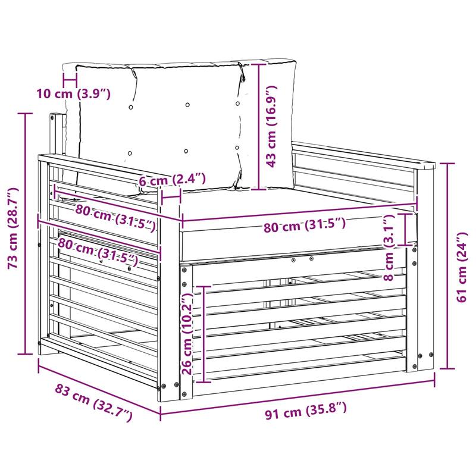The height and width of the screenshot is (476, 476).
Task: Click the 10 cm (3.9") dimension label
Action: pos(73,94)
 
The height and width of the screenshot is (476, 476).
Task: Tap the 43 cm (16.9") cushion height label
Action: pos(271,126)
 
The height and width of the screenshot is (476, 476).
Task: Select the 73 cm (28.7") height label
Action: pos(13,228)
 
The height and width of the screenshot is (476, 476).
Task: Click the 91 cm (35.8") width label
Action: pos(306,411)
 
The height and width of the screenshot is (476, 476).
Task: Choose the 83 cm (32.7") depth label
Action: pos(93,402)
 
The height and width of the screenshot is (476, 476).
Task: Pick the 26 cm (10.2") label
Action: pos(188,334)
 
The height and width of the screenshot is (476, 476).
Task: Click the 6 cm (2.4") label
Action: pos(172,180)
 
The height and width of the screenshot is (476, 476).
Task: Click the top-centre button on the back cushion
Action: pos(187,105)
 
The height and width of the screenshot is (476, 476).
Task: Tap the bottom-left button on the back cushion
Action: pos(130,153)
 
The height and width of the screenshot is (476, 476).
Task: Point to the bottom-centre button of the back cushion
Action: pos(186,151)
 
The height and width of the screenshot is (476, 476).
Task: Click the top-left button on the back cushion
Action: pos(131,107)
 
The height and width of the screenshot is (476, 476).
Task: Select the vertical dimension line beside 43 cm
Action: pos(259,127)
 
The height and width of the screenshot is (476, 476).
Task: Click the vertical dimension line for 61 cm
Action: pos(447,266)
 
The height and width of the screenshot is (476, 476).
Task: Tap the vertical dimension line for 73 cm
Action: pos(25,234)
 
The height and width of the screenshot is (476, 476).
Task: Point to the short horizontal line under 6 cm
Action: pos(171,198)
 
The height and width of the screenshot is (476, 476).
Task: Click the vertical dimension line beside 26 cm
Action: pos(204,334)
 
